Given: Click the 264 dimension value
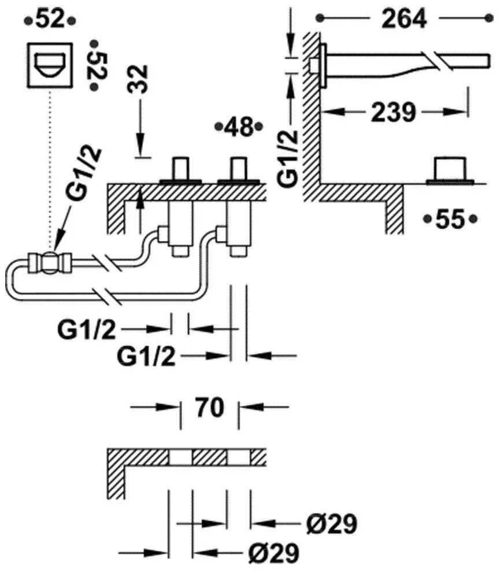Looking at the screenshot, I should [x=404, y=19].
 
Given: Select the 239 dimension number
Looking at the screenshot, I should [x=392, y=112].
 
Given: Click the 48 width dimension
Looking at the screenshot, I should [x=238, y=127].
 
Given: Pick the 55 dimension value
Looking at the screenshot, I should [x=450, y=219].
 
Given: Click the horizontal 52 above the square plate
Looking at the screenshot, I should [x=49, y=20].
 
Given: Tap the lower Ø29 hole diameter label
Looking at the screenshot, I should [x=274, y=553].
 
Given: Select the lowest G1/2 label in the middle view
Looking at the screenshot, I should [x=147, y=357].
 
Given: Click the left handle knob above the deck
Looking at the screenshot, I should [x=181, y=169].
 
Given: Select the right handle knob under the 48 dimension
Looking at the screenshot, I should [x=239, y=169].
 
